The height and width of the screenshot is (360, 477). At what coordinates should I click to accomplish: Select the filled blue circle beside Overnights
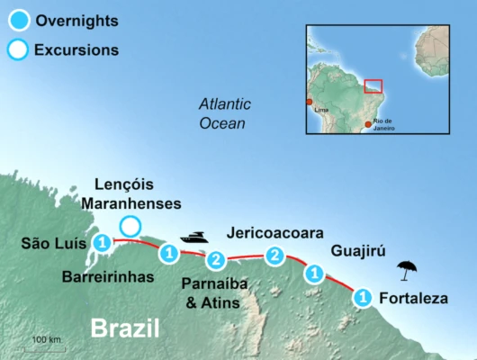(x=18, y=19)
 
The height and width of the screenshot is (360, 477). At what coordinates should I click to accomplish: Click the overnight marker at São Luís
(x=103, y=242)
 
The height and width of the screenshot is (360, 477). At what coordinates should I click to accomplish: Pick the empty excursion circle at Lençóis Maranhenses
(x=130, y=226)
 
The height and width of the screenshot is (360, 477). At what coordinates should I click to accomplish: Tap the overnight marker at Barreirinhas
(x=168, y=254)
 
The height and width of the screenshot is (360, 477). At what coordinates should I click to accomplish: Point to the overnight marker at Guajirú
(x=314, y=273)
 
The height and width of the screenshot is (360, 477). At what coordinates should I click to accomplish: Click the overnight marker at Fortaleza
(x=362, y=296)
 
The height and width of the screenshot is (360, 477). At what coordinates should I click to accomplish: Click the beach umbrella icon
(x=408, y=268)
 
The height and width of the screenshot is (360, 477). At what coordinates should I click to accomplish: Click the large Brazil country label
(x=124, y=328)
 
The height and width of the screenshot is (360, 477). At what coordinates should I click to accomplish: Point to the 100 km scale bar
(x=45, y=346)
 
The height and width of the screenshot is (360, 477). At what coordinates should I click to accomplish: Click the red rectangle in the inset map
(x=373, y=86)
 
